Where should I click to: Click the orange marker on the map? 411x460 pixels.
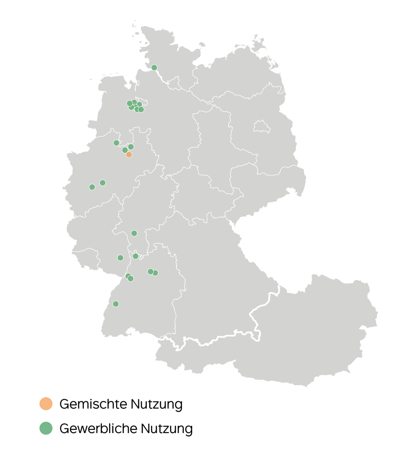point(129,155)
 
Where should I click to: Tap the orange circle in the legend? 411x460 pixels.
point(46,404)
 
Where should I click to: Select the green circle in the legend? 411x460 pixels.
point(46,428)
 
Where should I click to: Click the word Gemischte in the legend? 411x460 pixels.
point(93,404)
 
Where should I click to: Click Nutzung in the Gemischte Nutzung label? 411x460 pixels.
point(157,404)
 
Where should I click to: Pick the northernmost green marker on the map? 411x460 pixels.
point(154,68)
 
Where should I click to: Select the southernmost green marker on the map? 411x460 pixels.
point(115,304)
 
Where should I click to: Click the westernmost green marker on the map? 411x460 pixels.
point(92,187)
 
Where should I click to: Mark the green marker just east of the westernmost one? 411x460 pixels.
point(103,183)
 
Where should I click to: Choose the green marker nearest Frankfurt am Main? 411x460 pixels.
point(134,233)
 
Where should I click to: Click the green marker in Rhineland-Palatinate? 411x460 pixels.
point(120,258)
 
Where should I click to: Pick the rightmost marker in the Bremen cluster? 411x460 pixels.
point(141,109)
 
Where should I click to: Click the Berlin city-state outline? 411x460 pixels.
point(260,127)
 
